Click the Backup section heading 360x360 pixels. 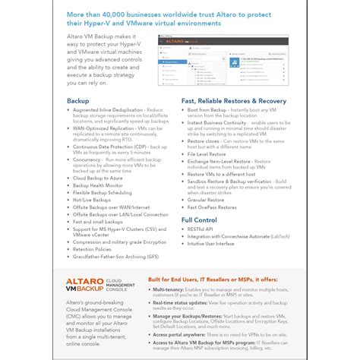point(79,100)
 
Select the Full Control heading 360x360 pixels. point(199,219)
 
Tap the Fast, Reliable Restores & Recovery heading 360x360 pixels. point(233,100)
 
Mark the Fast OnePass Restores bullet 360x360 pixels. point(213,207)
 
